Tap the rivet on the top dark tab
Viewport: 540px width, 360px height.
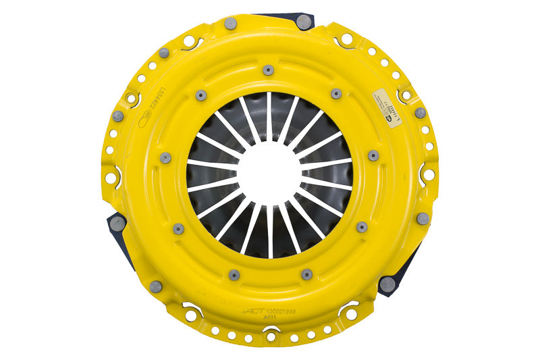(304, 22)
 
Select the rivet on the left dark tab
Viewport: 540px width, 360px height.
(117, 223)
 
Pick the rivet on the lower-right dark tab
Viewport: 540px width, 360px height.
(387, 284)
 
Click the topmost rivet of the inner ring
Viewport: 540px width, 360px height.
(269, 70)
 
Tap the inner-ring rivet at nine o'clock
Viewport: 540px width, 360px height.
(165, 157)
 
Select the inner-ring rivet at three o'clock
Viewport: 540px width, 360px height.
(373, 156)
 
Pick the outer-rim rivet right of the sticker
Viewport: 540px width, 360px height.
(421, 113)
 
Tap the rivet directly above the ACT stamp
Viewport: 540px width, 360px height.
(234, 274)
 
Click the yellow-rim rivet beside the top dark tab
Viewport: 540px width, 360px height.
(230, 24)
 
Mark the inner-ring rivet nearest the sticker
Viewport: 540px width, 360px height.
(336, 94)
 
